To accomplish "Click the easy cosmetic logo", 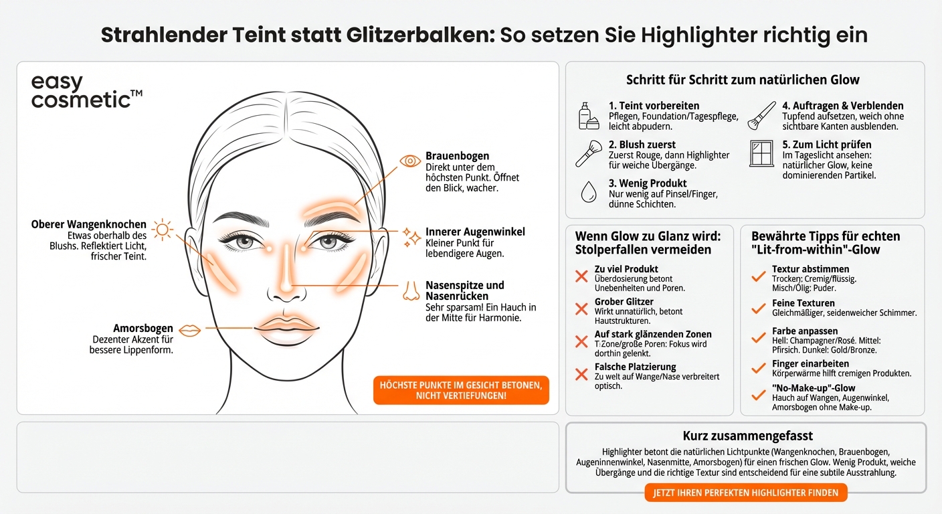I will (86, 92).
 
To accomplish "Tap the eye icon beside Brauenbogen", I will (409, 161).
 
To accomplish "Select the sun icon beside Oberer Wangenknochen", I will (162, 230).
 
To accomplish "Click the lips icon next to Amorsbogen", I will (191, 330).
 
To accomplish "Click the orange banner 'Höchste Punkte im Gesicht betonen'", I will (461, 390).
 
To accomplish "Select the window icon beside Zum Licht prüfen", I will (761, 153).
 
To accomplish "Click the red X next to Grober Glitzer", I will (581, 309).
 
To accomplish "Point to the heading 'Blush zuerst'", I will (642, 145).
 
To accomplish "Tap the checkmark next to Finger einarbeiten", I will (758, 367).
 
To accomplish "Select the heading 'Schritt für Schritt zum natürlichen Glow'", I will (743, 80).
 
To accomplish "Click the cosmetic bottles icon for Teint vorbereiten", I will (589, 116).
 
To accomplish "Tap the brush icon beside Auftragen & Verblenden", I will (761, 114).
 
